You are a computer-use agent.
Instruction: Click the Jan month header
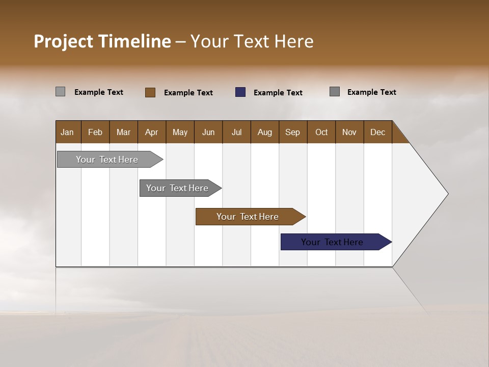coord(68,132)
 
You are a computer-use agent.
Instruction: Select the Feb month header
coord(95,132)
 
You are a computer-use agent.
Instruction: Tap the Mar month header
coord(123,132)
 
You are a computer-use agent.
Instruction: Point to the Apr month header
coord(152,132)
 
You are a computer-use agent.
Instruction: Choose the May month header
coord(180,132)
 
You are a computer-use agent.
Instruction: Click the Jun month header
coord(208,132)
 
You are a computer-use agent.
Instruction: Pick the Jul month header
coord(236,132)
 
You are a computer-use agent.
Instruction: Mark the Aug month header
coord(265,132)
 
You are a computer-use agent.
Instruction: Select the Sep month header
coord(293,132)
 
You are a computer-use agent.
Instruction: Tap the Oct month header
coord(321,132)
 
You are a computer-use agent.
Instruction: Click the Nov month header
coord(349,132)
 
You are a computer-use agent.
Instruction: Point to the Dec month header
coord(378,132)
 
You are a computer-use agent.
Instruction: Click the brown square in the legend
coord(150,92)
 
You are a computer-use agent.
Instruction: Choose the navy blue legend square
coord(240,92)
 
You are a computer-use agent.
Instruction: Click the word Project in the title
coord(63,41)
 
